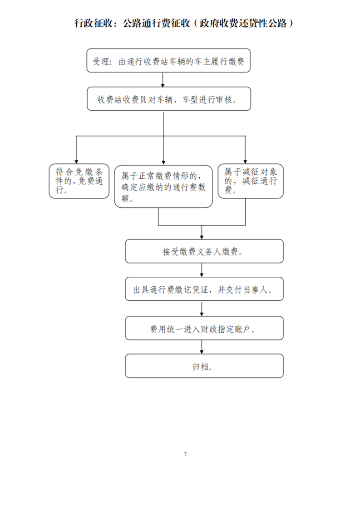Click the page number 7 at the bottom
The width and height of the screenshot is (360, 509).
[185, 454]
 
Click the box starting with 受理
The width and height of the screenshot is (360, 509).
[168, 60]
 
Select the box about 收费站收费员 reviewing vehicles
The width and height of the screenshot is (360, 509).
[169, 99]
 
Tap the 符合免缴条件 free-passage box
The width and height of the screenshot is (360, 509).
[79, 181]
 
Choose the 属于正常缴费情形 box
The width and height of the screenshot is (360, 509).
[163, 186]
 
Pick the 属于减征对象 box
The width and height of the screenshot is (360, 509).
[251, 181]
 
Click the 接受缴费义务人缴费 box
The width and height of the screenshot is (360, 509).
[204, 251]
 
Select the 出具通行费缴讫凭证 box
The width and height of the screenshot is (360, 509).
[204, 289]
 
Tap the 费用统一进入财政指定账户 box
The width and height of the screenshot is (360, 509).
[204, 328]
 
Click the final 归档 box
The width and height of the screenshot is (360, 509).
[204, 366]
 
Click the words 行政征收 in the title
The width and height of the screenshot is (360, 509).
[94, 24]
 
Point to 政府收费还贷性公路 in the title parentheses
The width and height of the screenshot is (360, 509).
[243, 24]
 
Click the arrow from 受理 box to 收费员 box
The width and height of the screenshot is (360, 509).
[163, 80]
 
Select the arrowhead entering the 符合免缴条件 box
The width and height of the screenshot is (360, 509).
[76, 162]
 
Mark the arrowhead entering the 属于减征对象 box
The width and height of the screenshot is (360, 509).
[245, 162]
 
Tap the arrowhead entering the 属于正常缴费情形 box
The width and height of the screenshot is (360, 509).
[163, 162]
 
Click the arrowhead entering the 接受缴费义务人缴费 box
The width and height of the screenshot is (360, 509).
[202, 237]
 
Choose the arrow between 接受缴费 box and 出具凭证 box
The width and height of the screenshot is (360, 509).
[202, 270]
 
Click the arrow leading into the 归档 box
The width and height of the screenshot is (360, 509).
[202, 347]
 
